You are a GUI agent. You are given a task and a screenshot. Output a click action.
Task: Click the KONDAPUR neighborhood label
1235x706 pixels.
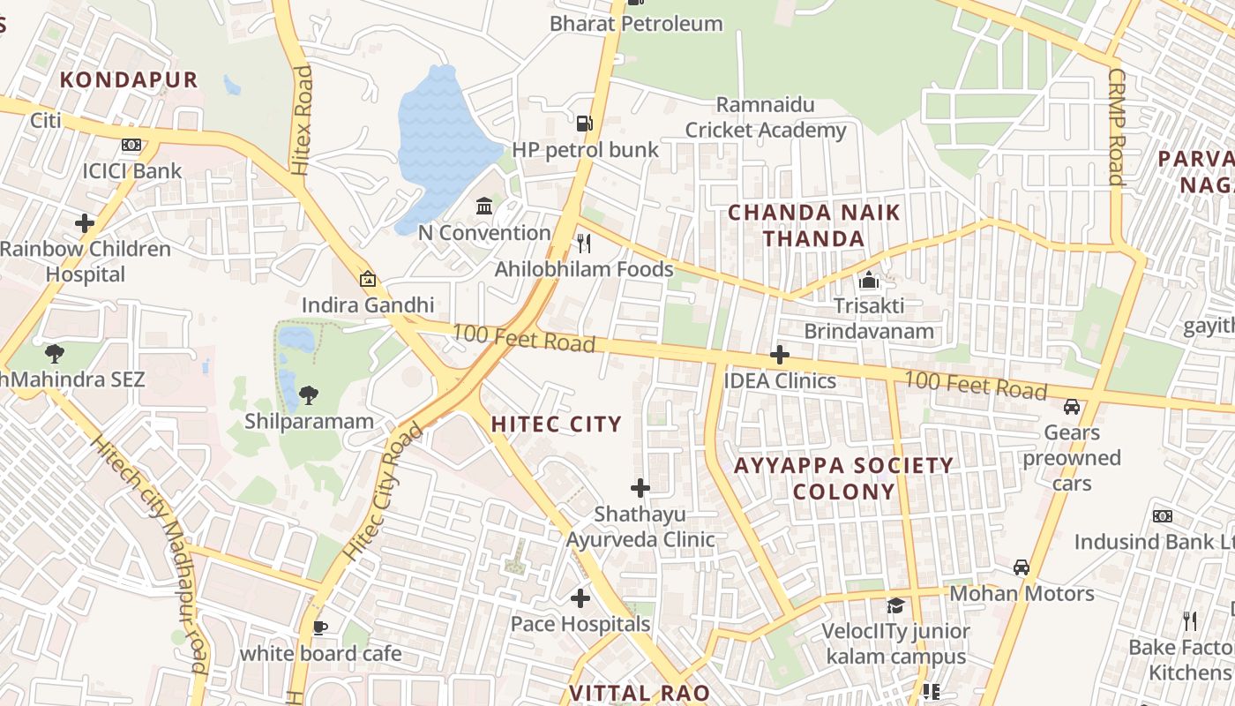click(x=129, y=79)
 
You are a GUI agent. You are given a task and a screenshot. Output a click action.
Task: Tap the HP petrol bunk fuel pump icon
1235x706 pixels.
click(x=583, y=123)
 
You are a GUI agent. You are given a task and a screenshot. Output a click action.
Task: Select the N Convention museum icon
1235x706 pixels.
click(x=484, y=207)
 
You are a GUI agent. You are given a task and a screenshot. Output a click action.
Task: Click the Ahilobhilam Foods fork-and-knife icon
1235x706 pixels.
click(x=583, y=243)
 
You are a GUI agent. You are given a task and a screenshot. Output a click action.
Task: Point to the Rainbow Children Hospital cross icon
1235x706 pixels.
click(x=85, y=223)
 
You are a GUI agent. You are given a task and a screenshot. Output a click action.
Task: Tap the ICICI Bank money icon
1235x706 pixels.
click(x=131, y=145)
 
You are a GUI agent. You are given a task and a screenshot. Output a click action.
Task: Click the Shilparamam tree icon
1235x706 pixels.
click(x=309, y=394)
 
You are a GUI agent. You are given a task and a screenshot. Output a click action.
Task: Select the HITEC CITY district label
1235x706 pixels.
click(x=557, y=424)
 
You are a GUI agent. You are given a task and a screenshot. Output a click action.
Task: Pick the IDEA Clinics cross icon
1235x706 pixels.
click(x=780, y=355)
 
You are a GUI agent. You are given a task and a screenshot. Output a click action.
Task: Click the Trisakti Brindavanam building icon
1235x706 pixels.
click(x=869, y=281)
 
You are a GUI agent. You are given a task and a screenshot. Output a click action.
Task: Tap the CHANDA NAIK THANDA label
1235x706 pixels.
click(x=813, y=225)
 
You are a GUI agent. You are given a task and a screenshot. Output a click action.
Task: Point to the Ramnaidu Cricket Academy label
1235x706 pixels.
click(x=766, y=117)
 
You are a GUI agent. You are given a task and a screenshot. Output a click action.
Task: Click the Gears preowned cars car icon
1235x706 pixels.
click(x=1072, y=407)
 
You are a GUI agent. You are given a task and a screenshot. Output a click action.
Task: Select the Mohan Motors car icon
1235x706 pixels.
click(x=1022, y=567)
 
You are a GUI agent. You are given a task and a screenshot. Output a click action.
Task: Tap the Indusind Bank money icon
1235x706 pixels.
click(x=1163, y=516)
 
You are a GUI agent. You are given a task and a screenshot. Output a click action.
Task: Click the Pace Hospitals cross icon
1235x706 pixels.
click(x=580, y=598)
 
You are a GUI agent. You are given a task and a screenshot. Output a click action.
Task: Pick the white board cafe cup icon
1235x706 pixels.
click(x=320, y=627)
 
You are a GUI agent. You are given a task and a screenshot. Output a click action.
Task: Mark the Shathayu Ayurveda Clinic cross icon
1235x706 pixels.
click(x=640, y=487)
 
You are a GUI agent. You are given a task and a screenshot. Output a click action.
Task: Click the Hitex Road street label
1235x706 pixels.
click(x=303, y=120)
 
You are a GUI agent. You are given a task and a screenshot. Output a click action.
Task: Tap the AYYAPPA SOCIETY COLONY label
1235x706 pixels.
click(x=843, y=477)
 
